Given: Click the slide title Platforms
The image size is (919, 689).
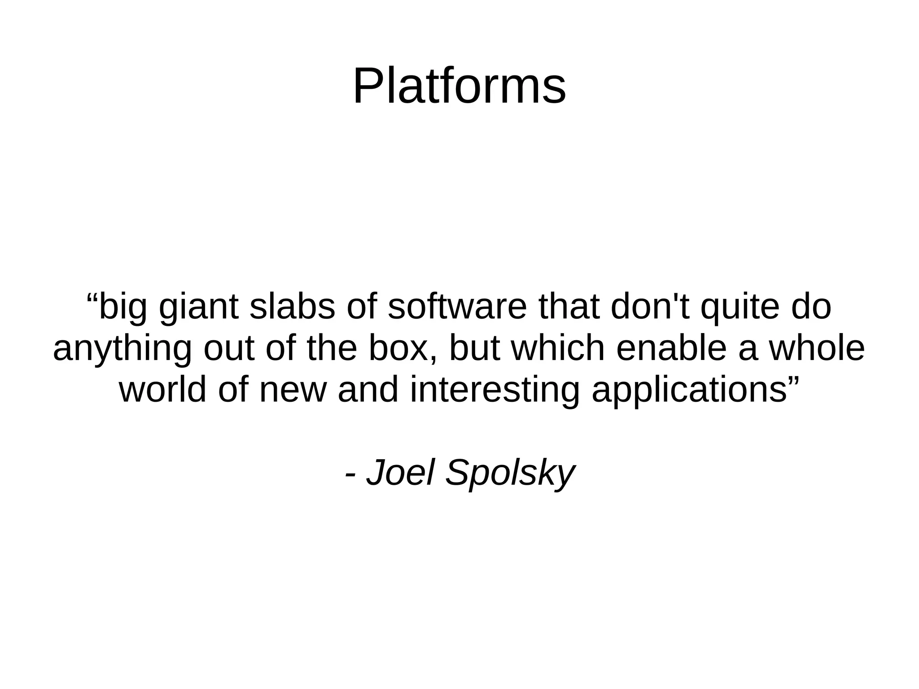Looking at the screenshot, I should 459,86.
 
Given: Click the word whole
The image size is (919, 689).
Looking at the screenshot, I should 817,349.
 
